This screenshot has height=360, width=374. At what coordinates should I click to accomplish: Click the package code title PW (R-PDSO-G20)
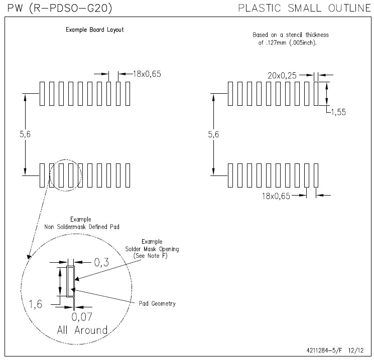[x=60, y=8]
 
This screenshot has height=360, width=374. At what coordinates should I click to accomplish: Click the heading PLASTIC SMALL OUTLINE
[x=305, y=8]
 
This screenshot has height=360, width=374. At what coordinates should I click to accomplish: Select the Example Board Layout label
[x=95, y=30]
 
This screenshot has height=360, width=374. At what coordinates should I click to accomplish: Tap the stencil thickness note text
[x=291, y=39]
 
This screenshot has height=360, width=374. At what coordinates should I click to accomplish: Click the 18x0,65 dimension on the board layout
[x=147, y=74]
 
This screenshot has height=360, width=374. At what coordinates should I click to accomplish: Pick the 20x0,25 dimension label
[x=282, y=76]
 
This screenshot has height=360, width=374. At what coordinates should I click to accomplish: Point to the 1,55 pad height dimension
[x=338, y=112]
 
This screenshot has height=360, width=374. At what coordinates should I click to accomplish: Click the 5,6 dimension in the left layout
[x=25, y=134]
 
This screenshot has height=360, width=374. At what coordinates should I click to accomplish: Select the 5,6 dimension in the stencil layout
[x=213, y=134]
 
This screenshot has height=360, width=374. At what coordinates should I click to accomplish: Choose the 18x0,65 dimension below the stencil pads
[x=276, y=196]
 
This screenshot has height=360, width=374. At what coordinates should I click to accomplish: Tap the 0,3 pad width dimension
[x=101, y=262]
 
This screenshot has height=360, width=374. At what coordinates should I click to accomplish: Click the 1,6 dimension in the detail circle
[x=35, y=304]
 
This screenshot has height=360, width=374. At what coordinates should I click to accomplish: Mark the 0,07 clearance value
[x=82, y=317]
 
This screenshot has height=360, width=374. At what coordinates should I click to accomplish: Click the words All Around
[x=82, y=330]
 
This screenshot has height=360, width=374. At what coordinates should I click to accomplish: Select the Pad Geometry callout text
[x=157, y=303]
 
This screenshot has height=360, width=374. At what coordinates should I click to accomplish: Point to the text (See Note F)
[x=151, y=256]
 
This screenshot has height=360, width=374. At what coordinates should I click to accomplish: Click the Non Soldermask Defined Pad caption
[x=82, y=227]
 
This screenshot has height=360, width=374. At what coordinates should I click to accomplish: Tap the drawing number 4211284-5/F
[x=324, y=350]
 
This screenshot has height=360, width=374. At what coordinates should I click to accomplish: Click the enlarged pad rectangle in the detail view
[x=71, y=281]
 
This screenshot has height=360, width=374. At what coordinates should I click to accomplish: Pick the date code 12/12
[x=356, y=350]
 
